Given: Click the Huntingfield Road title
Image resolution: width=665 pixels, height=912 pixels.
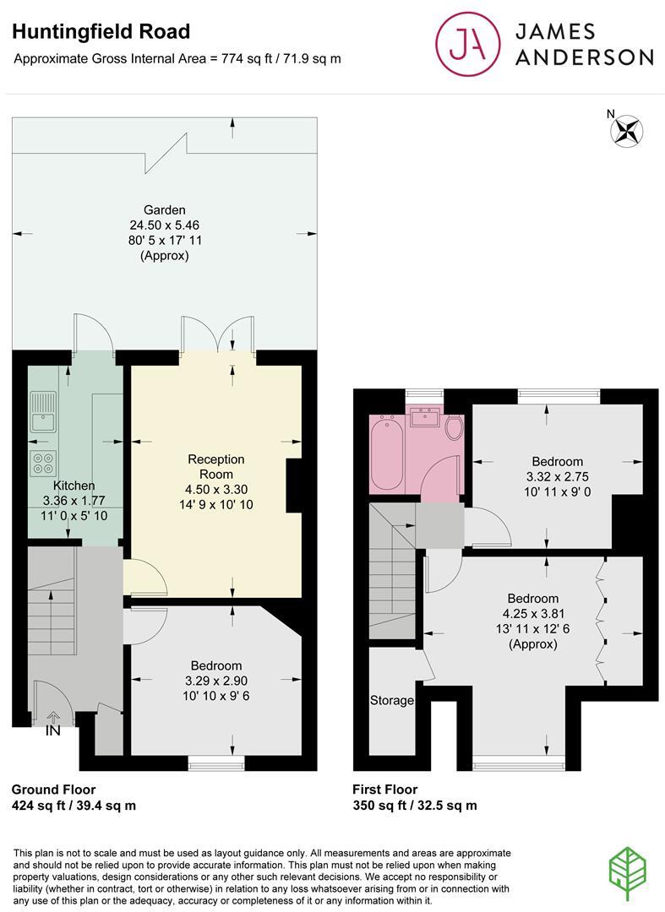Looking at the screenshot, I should tap(101, 32).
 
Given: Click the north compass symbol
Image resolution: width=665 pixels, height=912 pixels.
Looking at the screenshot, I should tap(626, 131).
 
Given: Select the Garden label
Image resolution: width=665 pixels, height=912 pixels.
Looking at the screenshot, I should tap(164, 210).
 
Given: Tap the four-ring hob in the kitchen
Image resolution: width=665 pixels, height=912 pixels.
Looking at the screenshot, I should tap(43, 463).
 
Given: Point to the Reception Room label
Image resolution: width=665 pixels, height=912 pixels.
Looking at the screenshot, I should tap(215, 466).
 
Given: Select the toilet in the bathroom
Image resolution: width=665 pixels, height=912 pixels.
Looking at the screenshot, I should tap(453, 427).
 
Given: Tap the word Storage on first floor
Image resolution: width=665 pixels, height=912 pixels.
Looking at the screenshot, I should tap(392, 700).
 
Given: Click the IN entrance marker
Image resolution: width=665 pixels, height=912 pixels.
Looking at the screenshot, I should tap(52, 730).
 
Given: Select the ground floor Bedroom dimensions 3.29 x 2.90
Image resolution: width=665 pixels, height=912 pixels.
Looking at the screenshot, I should tap(215, 681).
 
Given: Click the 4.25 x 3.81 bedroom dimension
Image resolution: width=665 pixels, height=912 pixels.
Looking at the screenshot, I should tap(532, 614).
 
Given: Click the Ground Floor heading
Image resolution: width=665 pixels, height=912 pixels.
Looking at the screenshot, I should tap(53, 789).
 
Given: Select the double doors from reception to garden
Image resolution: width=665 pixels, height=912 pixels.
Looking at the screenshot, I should tap(217, 333).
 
